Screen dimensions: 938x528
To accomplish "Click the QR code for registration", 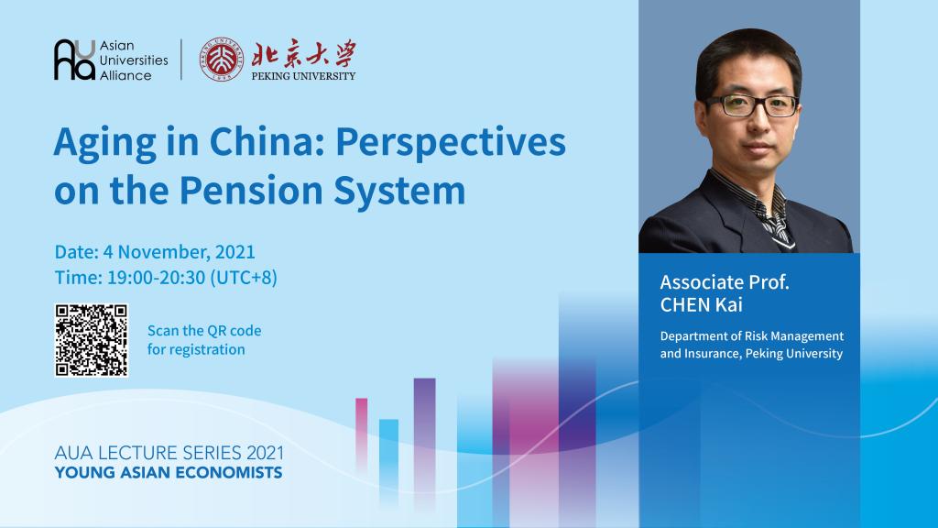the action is (x=92, y=340).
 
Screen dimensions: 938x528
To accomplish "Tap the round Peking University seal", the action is (x=222, y=59).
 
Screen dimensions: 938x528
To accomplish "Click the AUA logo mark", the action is (x=74, y=60).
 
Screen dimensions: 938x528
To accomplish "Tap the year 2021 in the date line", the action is (x=235, y=251).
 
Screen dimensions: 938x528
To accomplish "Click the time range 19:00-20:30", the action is (x=156, y=278).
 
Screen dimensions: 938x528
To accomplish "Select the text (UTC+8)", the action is (x=244, y=278).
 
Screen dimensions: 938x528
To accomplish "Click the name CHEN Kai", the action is (x=701, y=304).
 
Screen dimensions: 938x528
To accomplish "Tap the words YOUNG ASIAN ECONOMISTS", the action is (x=169, y=473).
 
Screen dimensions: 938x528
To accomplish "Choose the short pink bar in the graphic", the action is (x=361, y=434).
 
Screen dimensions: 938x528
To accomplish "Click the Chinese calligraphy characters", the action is (x=303, y=54).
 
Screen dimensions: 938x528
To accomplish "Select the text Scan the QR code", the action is (x=204, y=330).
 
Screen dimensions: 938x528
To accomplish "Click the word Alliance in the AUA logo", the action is (x=125, y=75).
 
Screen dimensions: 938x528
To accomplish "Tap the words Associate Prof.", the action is (x=725, y=282).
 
